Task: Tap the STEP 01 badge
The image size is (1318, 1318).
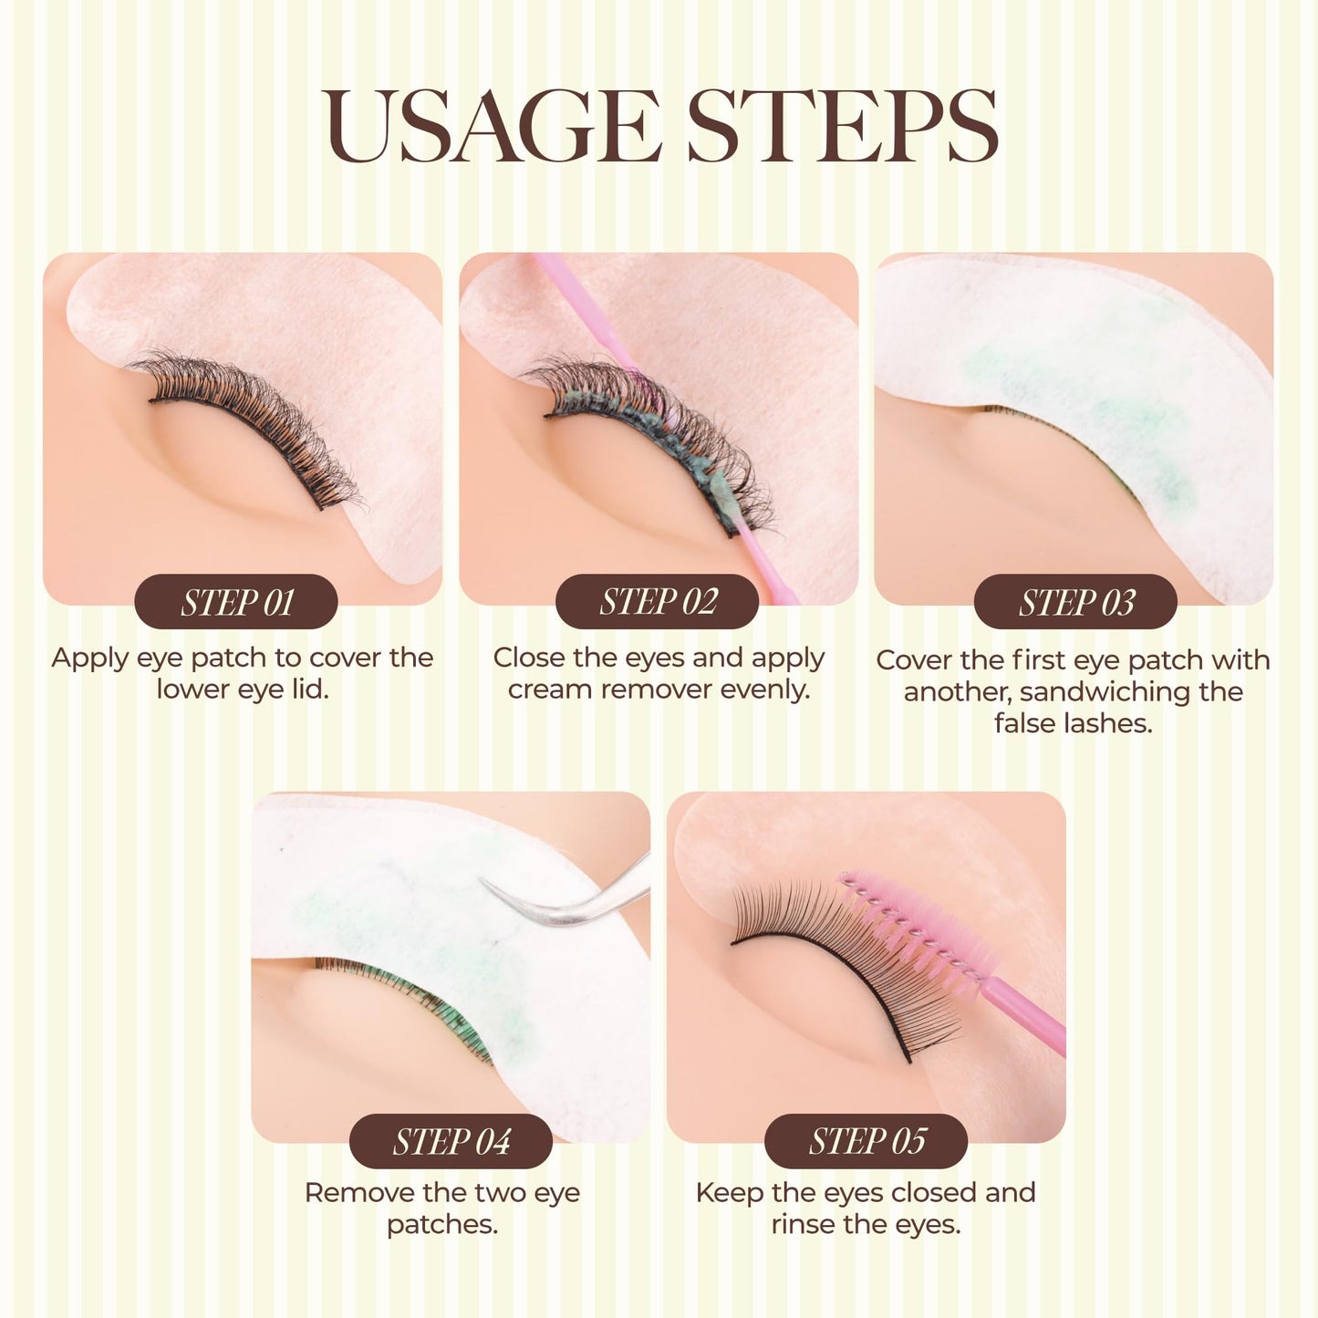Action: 236,602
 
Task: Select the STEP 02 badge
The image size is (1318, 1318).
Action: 658,602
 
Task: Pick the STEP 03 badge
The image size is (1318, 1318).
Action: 1076,602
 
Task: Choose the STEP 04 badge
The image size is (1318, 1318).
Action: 451,1141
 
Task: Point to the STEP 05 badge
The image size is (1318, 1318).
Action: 866,1141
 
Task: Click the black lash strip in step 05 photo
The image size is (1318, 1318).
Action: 821,971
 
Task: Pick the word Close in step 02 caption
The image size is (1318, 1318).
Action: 529,658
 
